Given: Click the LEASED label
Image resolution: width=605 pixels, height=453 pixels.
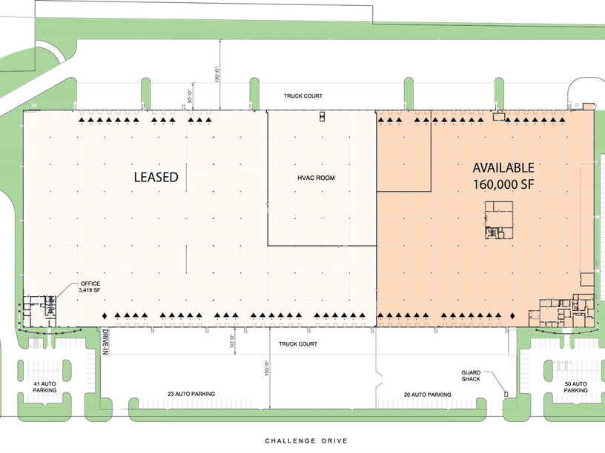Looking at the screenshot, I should [x=156, y=177].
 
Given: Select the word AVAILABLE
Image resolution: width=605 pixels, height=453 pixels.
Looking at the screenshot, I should [x=503, y=168].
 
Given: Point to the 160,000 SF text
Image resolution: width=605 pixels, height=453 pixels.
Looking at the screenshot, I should [x=503, y=184].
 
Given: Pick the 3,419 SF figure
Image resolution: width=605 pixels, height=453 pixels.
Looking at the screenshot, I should [x=91, y=292].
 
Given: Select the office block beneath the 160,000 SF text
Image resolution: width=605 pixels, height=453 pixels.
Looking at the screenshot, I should [x=498, y=220].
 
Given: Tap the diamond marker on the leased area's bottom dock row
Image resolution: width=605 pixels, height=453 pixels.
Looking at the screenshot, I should [x=105, y=317].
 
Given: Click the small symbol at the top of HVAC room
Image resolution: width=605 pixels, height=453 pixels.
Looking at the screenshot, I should [x=323, y=115].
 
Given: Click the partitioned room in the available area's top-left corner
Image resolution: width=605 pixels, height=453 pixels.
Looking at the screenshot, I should [x=404, y=152].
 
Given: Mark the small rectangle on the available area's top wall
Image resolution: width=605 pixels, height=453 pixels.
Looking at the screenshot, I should [x=500, y=115].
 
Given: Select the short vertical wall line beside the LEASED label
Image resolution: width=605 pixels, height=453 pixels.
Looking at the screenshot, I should [x=186, y=177].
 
